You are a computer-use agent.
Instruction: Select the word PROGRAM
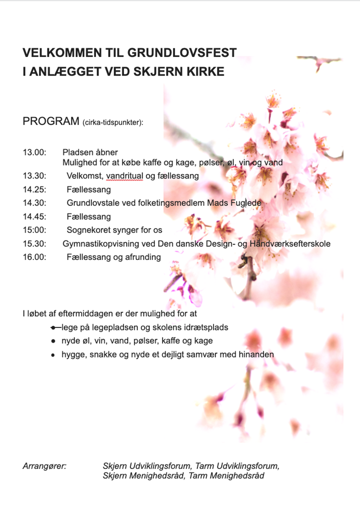click(x=50, y=121)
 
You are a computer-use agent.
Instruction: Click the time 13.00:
click(x=34, y=152)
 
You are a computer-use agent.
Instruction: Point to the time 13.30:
click(x=34, y=176)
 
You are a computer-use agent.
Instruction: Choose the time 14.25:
click(x=34, y=189)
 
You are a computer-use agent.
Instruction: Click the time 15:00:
click(x=34, y=230)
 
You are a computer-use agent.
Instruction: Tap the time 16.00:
click(x=34, y=257)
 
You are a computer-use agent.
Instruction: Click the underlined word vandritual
click(x=124, y=176)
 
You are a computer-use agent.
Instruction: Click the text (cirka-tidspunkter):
click(x=113, y=122)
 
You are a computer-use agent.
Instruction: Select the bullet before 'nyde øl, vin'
click(x=52, y=341)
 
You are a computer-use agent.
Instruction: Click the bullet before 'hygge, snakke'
click(x=52, y=354)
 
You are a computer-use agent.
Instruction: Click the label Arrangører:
click(x=44, y=466)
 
